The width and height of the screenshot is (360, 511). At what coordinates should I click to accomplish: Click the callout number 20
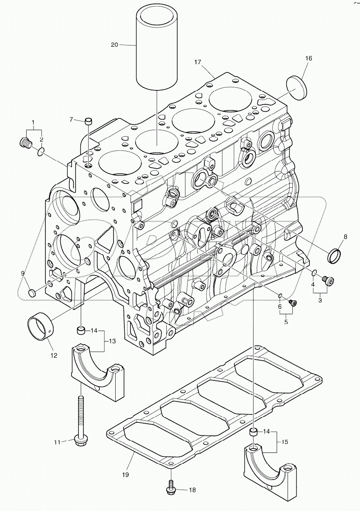tap(115, 45)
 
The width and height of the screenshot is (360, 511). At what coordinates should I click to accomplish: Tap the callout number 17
tap(198, 62)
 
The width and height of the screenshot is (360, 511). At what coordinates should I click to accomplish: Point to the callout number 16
tap(309, 58)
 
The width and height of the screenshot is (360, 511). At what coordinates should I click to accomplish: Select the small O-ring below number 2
tap(40, 152)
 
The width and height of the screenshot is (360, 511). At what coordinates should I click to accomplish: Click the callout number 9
tap(23, 274)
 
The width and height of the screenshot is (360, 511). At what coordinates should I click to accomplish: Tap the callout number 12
tap(53, 355)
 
